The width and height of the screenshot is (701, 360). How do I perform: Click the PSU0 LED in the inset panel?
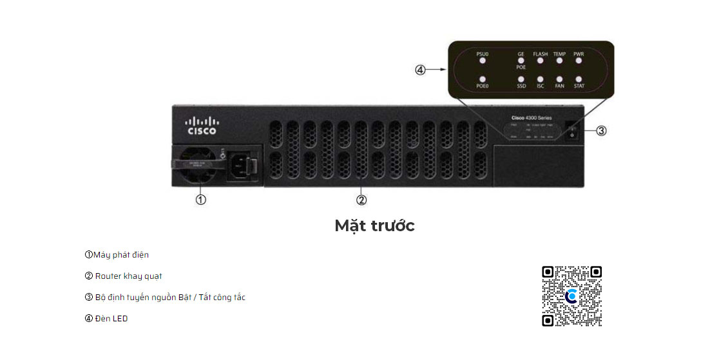point(482,61)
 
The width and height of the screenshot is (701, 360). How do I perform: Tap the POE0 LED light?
point(482,79)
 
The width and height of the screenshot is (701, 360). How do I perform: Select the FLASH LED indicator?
point(540,61)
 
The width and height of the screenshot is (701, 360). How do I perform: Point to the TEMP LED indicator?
point(559,61)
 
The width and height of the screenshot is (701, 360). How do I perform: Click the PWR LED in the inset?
point(579,61)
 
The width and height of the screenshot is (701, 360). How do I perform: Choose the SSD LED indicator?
point(521,79)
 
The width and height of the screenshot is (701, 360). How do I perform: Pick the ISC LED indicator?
point(540,79)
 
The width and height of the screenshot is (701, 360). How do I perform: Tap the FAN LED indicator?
point(559,79)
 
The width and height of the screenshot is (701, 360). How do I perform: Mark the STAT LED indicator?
point(579,79)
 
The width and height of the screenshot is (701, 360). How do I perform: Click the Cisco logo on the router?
point(202,126)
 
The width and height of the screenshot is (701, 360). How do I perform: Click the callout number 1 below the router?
point(201,200)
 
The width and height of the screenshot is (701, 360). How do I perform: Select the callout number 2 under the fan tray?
point(361,200)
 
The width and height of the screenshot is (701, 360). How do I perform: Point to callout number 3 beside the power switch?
point(600,131)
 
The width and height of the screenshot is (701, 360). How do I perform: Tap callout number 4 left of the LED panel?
point(421,70)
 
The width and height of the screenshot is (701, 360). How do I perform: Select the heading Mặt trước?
point(374,226)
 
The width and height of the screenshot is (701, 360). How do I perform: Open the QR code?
point(571,296)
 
